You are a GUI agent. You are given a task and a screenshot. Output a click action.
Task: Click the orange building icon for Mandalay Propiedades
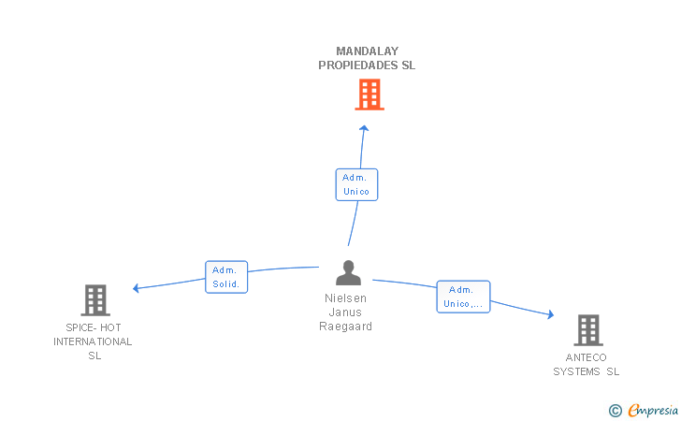pyautogui.click(x=369, y=94)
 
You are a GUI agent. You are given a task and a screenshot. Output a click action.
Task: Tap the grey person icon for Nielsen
pyautogui.click(x=348, y=272)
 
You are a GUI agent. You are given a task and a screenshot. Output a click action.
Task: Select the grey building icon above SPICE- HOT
pyautogui.click(x=95, y=300)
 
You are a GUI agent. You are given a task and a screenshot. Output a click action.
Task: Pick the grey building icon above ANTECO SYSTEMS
pyautogui.click(x=588, y=330)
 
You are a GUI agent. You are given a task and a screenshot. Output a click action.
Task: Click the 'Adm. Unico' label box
pyautogui.click(x=356, y=184)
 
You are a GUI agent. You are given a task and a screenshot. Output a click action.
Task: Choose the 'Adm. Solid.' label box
pyautogui.click(x=226, y=277)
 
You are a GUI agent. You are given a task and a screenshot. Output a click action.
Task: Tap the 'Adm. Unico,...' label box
pyautogui.click(x=463, y=297)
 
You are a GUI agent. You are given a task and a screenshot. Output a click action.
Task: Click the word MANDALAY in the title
pyautogui.click(x=368, y=51)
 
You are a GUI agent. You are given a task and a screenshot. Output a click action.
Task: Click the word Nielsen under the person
pyautogui.click(x=346, y=298)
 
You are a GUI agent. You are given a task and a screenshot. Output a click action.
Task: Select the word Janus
pyautogui.click(x=345, y=312)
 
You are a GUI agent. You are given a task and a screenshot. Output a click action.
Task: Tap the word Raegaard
pyautogui.click(x=346, y=327)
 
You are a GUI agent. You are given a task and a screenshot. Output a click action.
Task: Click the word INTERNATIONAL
pyautogui.click(x=93, y=341)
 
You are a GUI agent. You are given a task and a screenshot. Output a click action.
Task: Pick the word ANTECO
pyautogui.click(x=586, y=357)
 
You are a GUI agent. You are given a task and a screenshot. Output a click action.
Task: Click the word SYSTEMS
pyautogui.click(x=576, y=371)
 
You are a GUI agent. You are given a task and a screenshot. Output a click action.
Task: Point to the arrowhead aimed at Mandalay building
pyautogui.click(x=364, y=128)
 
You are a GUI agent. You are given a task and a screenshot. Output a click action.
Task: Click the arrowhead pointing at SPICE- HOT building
pyautogui.click(x=136, y=288)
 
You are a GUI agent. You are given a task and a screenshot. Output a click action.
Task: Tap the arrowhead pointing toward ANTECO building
pyautogui.click(x=551, y=314)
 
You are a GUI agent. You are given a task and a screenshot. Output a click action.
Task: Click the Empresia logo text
pyautogui.click(x=653, y=410)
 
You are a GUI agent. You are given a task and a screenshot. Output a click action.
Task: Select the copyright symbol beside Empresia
pyautogui.click(x=616, y=411)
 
